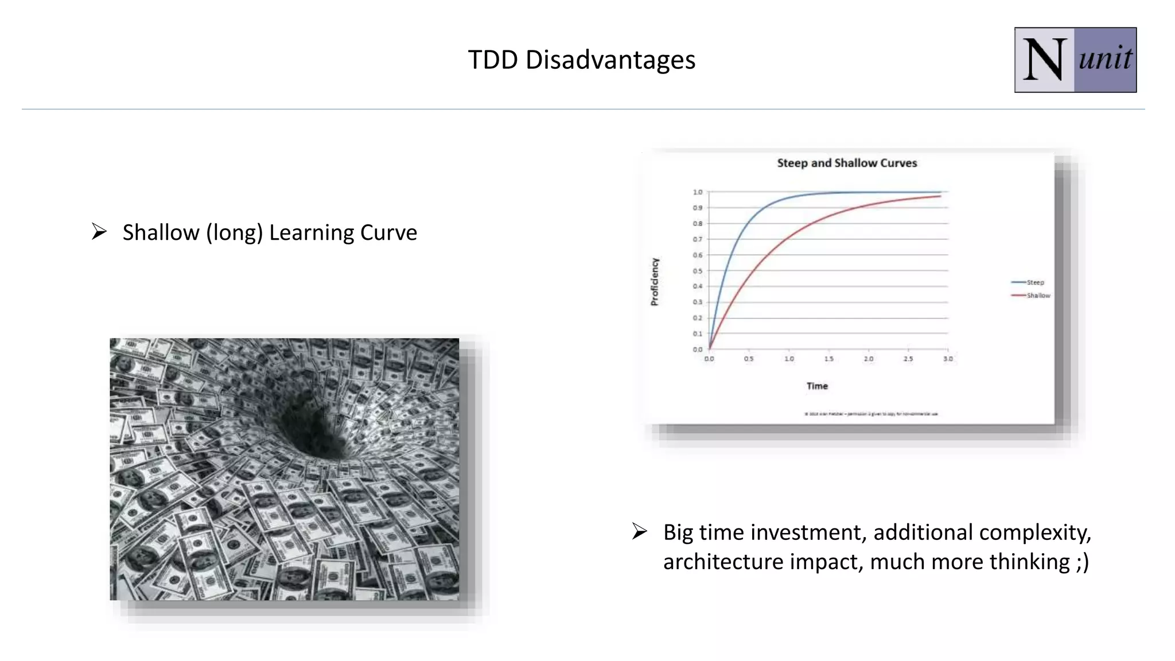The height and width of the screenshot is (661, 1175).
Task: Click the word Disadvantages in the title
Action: tap(610, 60)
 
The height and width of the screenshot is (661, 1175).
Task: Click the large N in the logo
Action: tap(1044, 60)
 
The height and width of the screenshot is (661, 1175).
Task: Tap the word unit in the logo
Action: tap(1105, 59)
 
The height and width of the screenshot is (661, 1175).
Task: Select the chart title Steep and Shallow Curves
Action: tap(847, 163)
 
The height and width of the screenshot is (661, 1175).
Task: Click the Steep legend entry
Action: tap(1034, 282)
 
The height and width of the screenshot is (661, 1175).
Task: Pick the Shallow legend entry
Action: tap(1038, 295)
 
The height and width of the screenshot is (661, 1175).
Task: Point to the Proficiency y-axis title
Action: tap(655, 281)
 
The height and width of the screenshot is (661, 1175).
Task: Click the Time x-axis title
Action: tap(817, 386)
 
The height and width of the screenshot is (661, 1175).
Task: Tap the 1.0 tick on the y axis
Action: tap(697, 192)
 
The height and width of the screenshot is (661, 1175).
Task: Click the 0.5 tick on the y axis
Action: tap(697, 271)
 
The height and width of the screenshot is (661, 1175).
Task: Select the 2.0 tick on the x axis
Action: tap(869, 359)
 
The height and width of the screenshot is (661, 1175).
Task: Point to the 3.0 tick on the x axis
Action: tap(948, 359)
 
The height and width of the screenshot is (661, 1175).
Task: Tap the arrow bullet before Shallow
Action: tap(99, 232)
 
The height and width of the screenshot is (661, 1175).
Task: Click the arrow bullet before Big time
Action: tap(640, 531)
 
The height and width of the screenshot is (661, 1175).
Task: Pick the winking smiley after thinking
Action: tap(1082, 562)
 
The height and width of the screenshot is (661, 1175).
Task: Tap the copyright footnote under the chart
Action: tap(871, 414)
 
